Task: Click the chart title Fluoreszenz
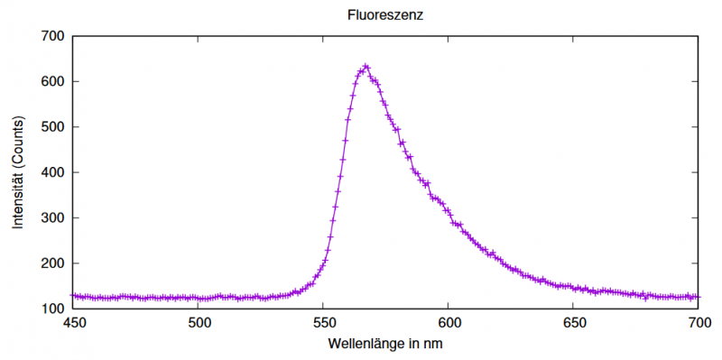(385, 15)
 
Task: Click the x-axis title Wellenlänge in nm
(385, 344)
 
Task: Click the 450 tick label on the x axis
(73, 323)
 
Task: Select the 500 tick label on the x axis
(199, 323)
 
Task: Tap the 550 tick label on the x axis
(323, 323)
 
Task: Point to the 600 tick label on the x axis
(449, 323)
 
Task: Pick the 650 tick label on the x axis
(573, 323)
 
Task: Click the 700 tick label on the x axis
(698, 323)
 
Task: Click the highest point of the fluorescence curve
(366, 66)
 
